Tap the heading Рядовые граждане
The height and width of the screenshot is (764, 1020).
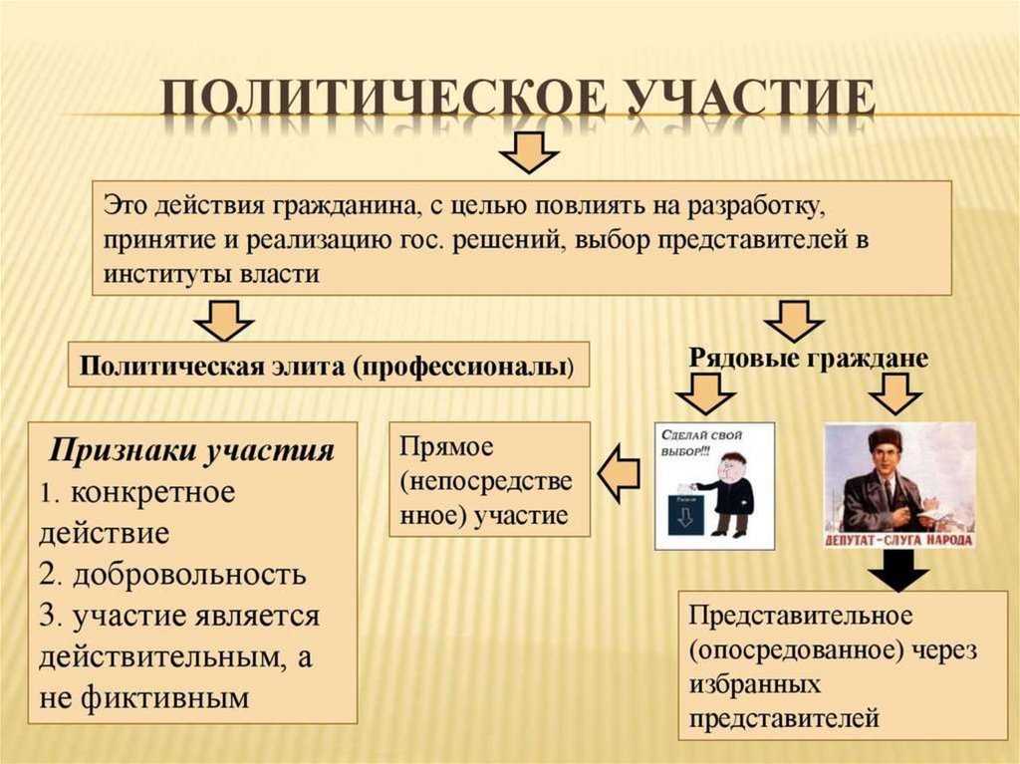click(x=808, y=358)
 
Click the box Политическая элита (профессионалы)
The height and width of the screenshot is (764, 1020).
click(x=328, y=366)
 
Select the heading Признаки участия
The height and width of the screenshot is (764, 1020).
click(x=192, y=449)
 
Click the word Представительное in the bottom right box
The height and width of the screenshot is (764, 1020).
click(x=801, y=614)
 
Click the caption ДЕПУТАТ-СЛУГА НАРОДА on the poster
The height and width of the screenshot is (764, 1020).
click(x=899, y=539)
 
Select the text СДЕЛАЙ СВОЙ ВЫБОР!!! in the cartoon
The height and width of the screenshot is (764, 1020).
click(x=687, y=442)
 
